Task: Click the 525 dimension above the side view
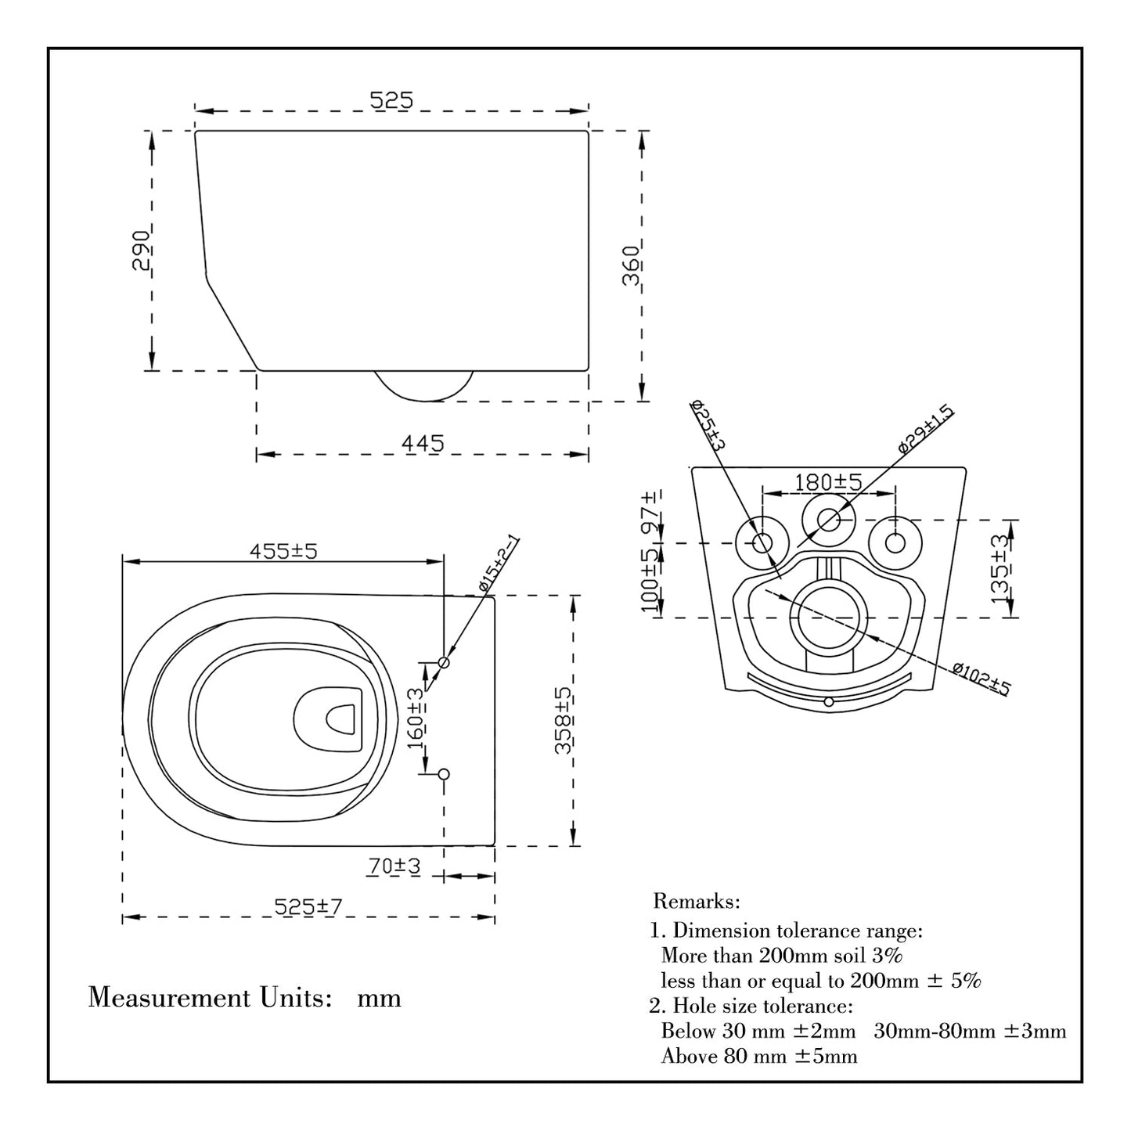pos(391,100)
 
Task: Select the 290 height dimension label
pos(142,250)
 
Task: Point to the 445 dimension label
pos(422,443)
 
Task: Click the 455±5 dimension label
pos(283,551)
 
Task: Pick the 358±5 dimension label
pos(563,720)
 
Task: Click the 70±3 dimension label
pos(394,866)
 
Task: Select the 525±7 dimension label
pos(308,906)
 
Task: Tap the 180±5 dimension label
pos(828,482)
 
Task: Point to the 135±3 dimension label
pos(1000,569)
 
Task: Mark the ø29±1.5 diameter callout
pos(926,428)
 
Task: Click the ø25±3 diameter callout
pos(708,425)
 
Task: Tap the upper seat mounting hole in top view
pos(444,662)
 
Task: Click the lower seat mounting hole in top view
pos(444,774)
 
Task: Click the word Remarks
pos(696,902)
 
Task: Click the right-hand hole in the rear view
pos(895,542)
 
